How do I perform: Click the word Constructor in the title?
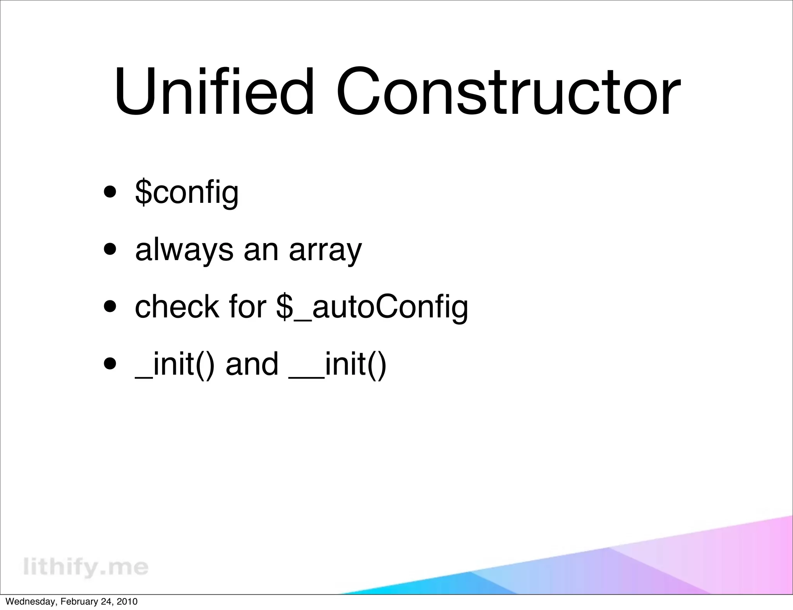tap(508, 92)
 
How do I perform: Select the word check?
tap(177, 307)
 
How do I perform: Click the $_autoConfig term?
tap(372, 307)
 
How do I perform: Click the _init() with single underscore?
tap(174, 364)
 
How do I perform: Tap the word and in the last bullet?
tap(252, 364)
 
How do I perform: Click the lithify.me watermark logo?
tap(86, 567)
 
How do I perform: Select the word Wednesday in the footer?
tap(29, 602)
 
